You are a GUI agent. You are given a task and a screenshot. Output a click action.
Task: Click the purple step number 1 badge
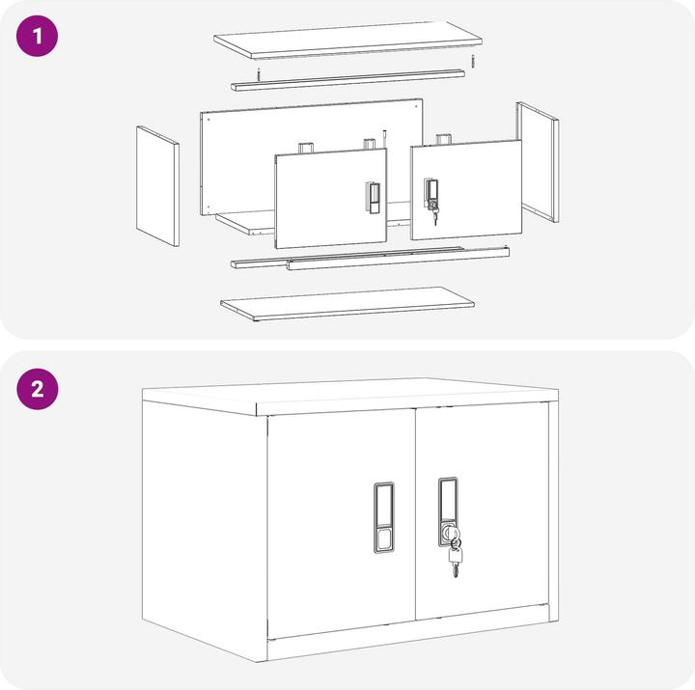[38, 36]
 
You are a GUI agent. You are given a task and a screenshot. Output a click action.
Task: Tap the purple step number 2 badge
[38, 389]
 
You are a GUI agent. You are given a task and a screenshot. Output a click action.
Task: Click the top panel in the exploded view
[347, 40]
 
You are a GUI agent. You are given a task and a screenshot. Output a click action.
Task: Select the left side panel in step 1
[157, 186]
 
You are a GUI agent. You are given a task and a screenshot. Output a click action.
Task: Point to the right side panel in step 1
[538, 162]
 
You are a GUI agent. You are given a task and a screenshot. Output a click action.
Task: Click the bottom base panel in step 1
[347, 304]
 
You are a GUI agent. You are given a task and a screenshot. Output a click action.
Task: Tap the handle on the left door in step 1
[373, 197]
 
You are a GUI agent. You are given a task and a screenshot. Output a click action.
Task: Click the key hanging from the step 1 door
[434, 216]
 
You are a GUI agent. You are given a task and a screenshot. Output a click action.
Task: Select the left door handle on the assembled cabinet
[384, 517]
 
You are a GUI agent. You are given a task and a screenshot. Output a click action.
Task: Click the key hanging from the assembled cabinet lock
[455, 558]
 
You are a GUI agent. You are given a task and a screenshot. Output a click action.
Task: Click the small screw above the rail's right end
[473, 61]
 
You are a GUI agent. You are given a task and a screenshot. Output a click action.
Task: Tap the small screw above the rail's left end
[259, 74]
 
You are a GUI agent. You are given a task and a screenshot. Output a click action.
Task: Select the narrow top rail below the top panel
[347, 80]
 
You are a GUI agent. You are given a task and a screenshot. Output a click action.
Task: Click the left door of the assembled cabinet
[342, 524]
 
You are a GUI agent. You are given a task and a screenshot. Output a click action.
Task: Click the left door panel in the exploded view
[331, 199]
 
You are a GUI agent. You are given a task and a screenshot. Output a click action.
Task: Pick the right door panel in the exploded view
[466, 190]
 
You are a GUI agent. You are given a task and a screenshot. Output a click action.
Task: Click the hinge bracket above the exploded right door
[443, 139]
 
